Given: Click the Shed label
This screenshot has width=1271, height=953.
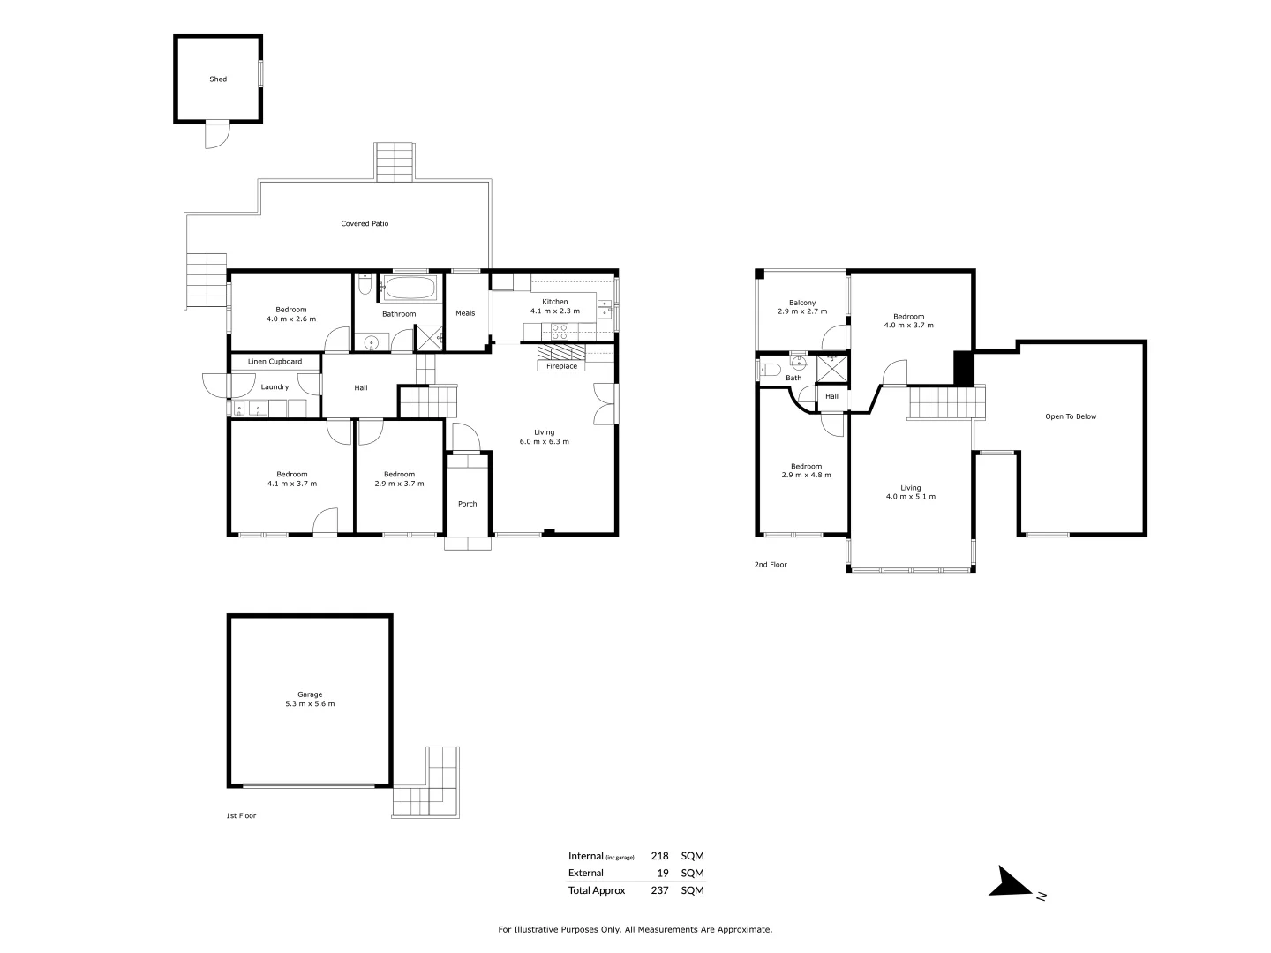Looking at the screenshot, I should [x=218, y=79].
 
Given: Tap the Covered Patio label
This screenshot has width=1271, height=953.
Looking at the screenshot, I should [x=365, y=224].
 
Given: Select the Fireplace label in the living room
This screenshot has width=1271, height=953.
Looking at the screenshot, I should [x=561, y=366].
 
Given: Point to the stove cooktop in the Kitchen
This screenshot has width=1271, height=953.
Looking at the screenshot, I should [x=560, y=332].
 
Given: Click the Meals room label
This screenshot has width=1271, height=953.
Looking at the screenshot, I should [x=465, y=313].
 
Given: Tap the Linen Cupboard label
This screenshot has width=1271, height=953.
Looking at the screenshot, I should [x=275, y=362].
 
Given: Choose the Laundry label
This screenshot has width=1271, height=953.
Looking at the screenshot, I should [x=275, y=387].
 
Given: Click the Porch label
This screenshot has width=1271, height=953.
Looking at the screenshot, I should [x=467, y=504].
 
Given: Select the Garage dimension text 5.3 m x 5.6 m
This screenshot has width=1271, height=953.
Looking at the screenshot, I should [x=310, y=704].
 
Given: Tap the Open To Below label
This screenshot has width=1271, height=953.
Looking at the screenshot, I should [x=1070, y=416].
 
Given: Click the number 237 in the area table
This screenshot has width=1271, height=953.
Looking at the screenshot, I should [x=659, y=890].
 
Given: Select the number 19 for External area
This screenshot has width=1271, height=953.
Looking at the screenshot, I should [x=663, y=873].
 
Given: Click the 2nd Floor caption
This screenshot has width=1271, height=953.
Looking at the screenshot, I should [x=771, y=565].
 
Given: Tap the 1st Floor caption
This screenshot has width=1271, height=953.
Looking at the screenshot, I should [x=241, y=816].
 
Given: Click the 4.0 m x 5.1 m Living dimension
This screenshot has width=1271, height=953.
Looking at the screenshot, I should [x=910, y=497].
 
